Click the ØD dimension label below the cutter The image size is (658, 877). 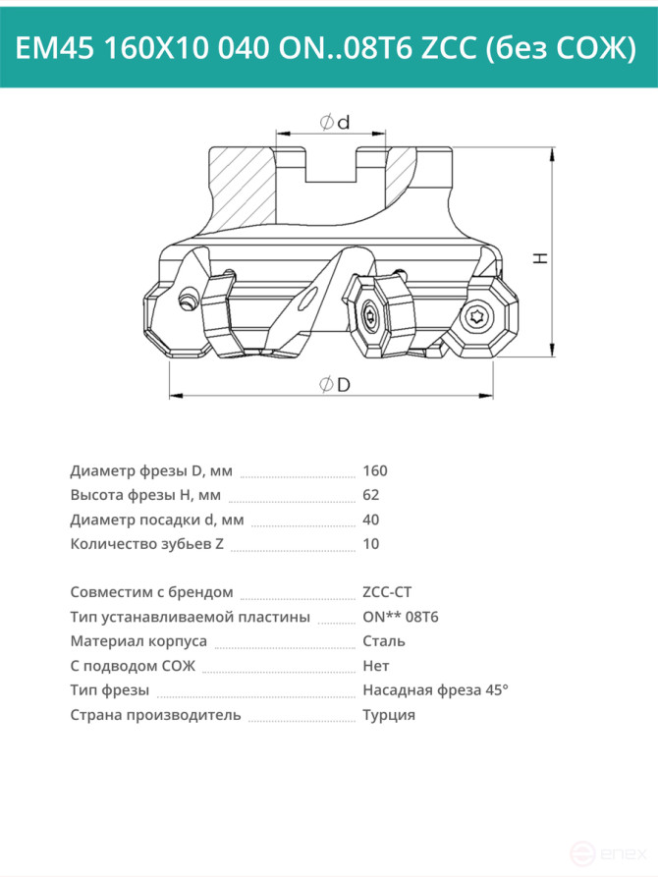point(335,385)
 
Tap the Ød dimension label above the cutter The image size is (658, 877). point(335,122)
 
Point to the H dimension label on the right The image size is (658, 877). point(540,258)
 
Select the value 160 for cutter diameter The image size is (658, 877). point(375,471)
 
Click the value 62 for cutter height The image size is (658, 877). point(371,495)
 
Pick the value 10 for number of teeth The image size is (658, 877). point(371,544)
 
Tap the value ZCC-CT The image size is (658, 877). point(387,592)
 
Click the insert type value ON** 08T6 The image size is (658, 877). point(401,617)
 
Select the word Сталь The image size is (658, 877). point(384,641)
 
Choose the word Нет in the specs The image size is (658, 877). point(376,666)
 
